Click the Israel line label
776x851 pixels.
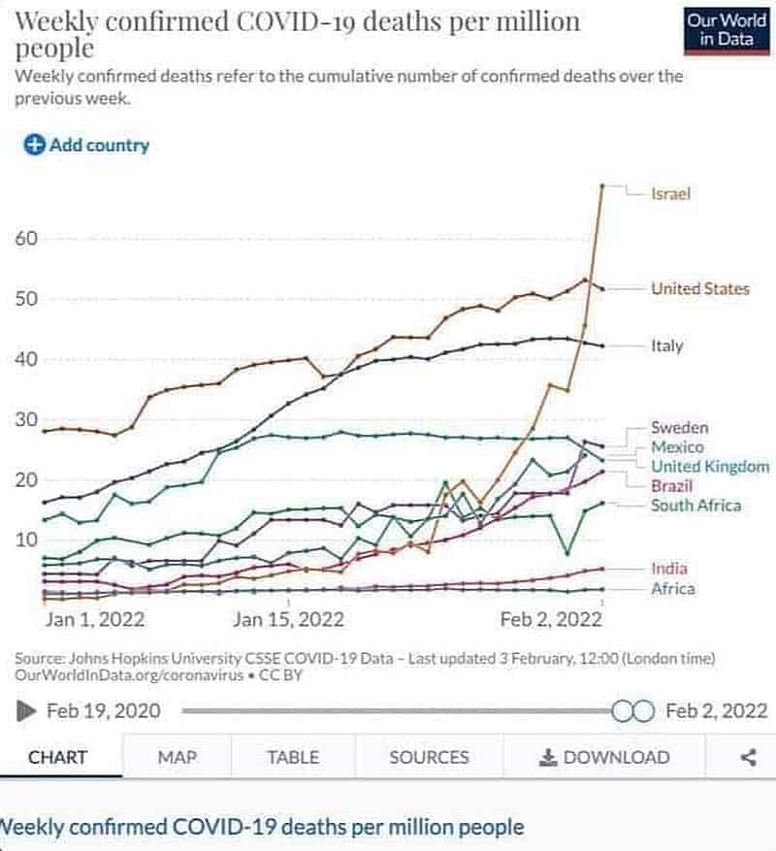[670, 194]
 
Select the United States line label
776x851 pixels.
[699, 288]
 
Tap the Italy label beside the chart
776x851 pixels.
[666, 345]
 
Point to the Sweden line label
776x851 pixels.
[679, 428]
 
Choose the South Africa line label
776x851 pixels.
[695, 506]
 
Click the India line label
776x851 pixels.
[668, 569]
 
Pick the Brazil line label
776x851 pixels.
[671, 486]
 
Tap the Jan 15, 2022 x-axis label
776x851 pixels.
[288, 619]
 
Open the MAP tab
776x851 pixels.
[178, 758]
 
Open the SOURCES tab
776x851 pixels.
[429, 758]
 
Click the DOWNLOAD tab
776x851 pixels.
[605, 758]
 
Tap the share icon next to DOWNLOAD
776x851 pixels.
[748, 758]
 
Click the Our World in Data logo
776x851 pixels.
[725, 30]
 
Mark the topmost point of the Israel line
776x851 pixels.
[602, 184]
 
